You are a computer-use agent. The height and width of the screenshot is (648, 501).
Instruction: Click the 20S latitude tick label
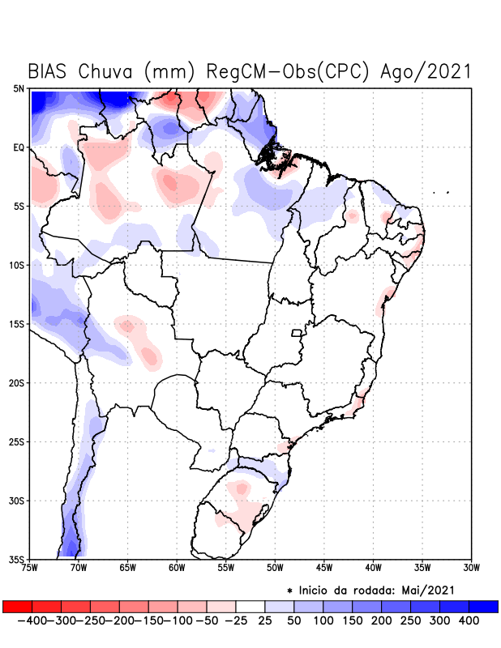point(18,383)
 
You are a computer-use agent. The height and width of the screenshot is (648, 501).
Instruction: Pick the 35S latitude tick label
point(18,559)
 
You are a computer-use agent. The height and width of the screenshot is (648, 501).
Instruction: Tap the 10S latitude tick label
point(18,266)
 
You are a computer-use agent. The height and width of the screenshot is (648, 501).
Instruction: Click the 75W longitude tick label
point(31,568)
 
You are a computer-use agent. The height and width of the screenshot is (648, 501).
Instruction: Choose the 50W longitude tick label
point(275,568)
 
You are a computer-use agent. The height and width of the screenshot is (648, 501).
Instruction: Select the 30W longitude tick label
point(471,568)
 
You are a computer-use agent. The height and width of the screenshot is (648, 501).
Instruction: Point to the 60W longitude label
point(177,568)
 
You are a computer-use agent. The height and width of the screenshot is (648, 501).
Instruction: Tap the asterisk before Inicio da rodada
point(289,590)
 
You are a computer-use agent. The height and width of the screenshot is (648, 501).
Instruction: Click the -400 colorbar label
point(30,620)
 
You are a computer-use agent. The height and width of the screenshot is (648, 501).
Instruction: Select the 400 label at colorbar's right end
point(469,620)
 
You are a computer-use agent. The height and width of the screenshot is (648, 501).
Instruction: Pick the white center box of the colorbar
point(250,607)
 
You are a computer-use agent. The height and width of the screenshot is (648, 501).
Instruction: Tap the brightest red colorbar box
point(17,607)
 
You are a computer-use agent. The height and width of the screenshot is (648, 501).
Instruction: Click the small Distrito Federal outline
point(297,332)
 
